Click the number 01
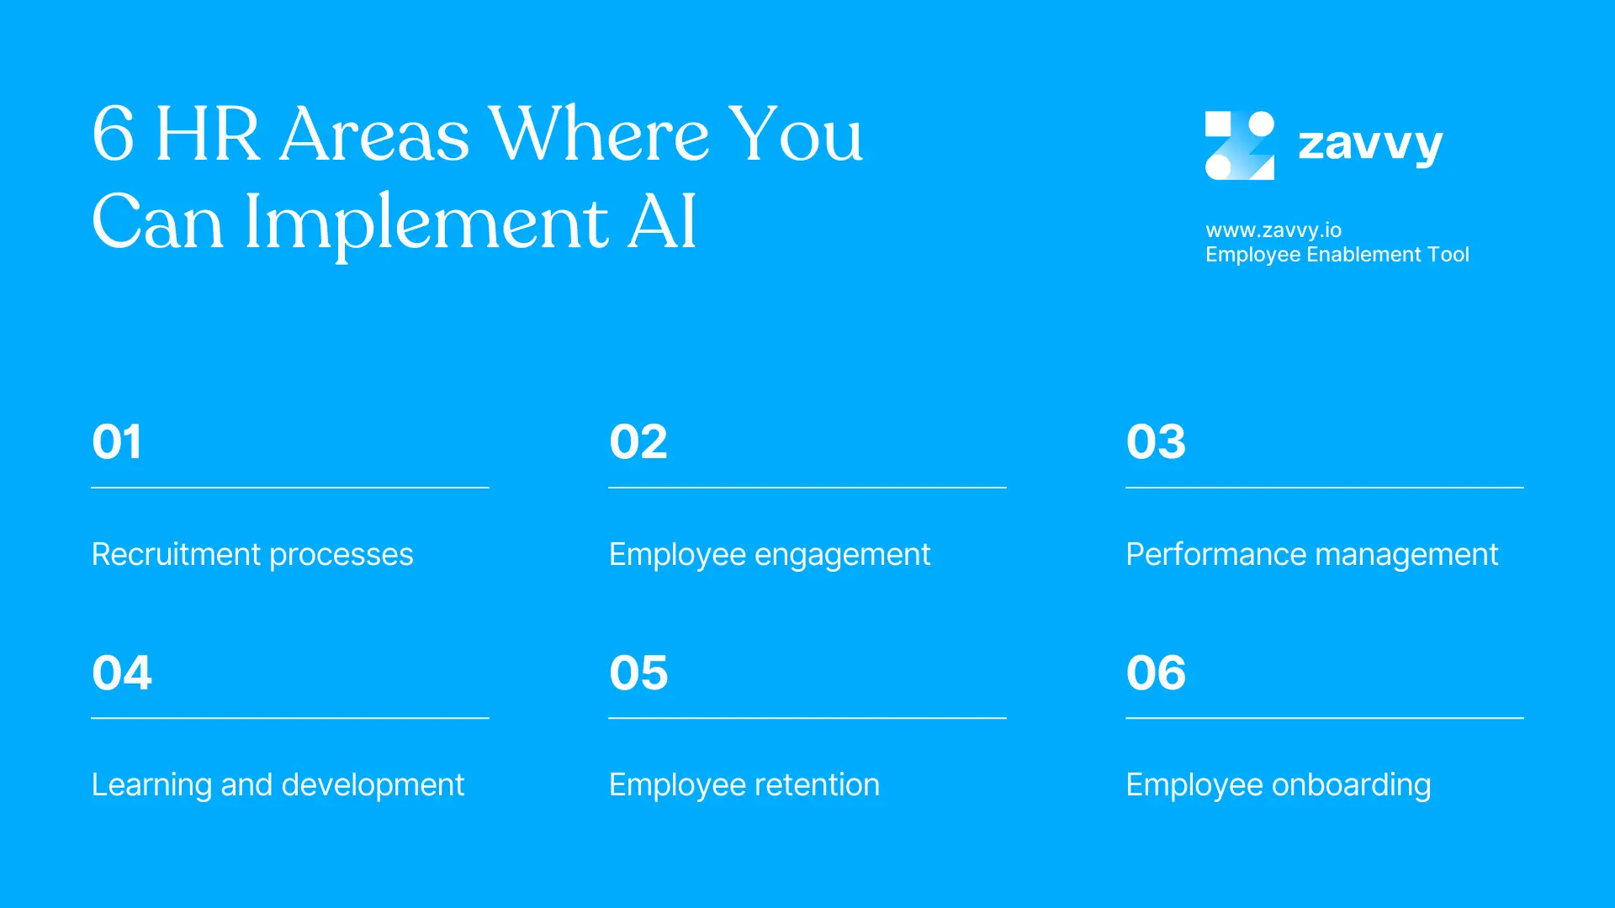coord(117,441)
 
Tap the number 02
coord(638,441)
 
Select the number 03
coord(1156,441)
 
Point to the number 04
coord(122,673)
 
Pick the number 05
coord(638,673)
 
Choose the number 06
coord(1156,673)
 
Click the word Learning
coord(151,785)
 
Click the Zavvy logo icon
coord(1239,145)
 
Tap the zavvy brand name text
coord(1370,145)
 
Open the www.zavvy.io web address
coord(1273,230)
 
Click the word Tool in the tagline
coord(1448,254)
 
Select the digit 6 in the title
coord(113,134)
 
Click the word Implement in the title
coord(426,222)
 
